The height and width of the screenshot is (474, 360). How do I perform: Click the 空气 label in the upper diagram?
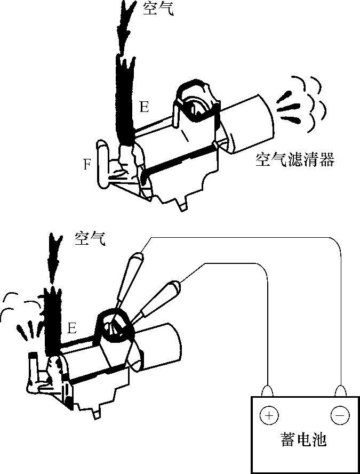[158, 9]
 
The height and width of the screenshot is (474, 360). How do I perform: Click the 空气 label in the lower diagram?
[90, 238]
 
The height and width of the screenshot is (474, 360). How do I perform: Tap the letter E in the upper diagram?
[144, 107]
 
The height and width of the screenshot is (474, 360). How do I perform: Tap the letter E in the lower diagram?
[73, 327]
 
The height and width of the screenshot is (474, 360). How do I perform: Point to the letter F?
[87, 165]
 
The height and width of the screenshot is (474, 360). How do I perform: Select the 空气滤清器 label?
[294, 160]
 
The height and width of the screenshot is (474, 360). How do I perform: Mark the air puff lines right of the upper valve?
[301, 104]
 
